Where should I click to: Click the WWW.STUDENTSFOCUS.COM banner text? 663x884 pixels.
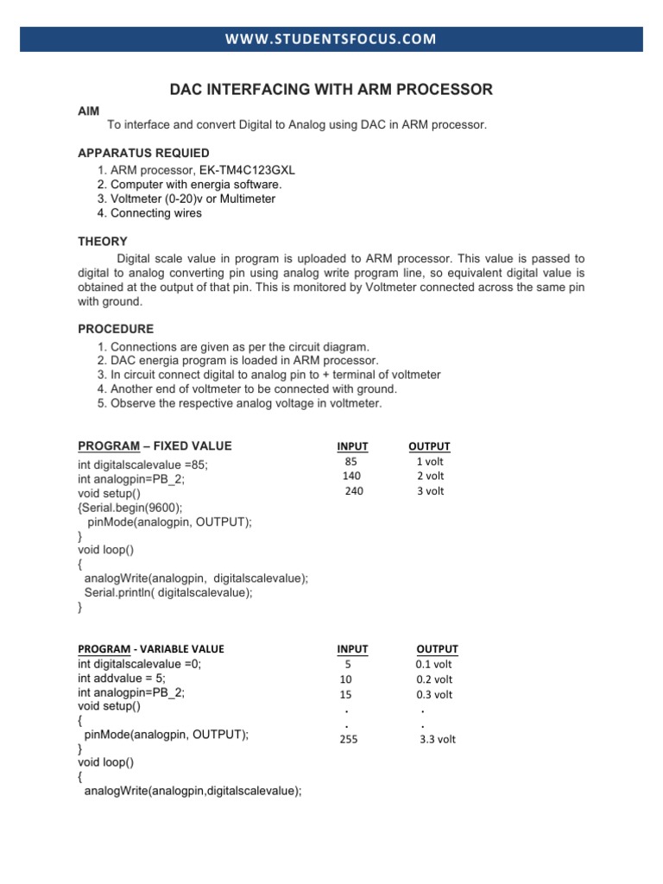(x=331, y=39)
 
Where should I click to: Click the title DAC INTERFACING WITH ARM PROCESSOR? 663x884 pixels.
(x=331, y=90)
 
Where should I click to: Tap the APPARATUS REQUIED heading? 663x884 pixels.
(x=143, y=154)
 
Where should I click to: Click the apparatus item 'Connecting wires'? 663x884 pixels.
(x=150, y=213)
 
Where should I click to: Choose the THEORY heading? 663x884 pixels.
(x=103, y=242)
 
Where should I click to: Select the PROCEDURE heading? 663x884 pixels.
(x=116, y=329)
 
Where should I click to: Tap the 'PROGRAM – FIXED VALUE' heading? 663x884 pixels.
(x=155, y=446)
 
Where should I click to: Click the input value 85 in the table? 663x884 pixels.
(x=350, y=462)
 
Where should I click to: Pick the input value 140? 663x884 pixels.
(x=351, y=477)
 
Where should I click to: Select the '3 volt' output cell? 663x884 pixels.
(x=430, y=491)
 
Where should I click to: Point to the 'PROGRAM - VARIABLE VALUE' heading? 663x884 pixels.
(x=151, y=649)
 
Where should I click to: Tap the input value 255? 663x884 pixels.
(x=349, y=740)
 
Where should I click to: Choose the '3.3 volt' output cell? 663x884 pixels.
(x=437, y=740)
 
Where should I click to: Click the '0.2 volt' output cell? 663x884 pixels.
(x=433, y=679)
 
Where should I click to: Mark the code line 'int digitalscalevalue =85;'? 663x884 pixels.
(x=142, y=464)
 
